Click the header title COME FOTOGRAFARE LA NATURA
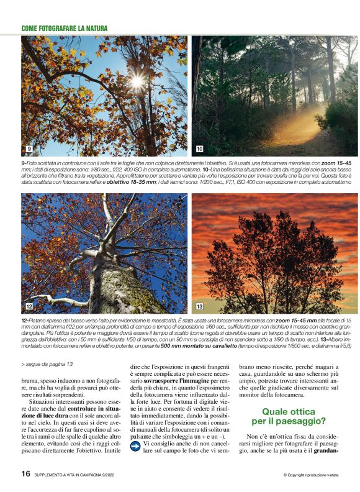click(x=65, y=29)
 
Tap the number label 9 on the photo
click(x=29, y=149)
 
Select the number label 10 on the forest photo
click(x=199, y=149)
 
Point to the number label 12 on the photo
click(x=29, y=307)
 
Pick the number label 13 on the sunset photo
click(x=200, y=307)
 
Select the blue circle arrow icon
click(x=135, y=444)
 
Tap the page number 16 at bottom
click(x=25, y=473)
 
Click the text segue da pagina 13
click(x=47, y=364)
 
